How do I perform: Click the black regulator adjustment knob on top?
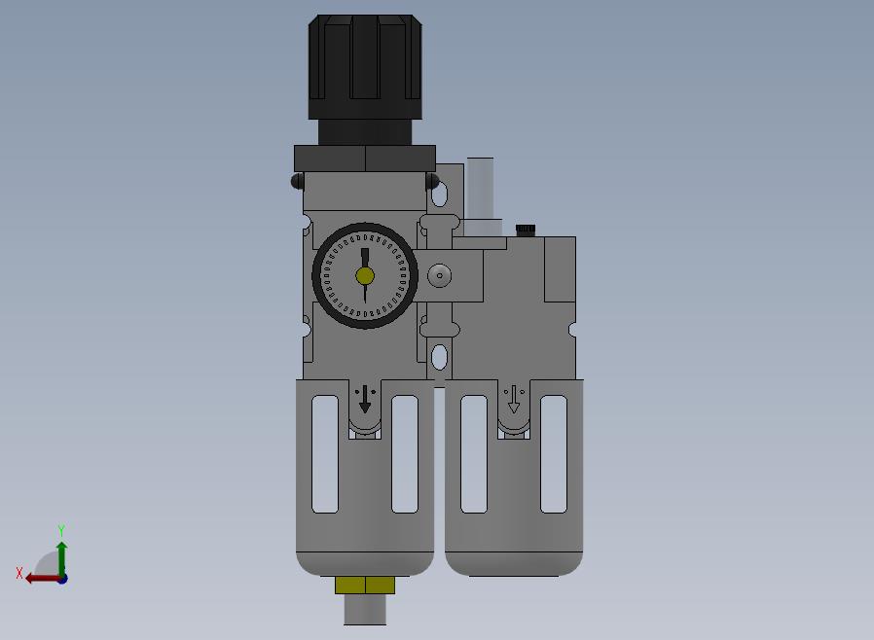point(365,67)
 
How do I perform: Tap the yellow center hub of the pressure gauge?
point(365,275)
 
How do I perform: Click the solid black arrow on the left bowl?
point(365,399)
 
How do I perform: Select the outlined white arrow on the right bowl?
point(514,400)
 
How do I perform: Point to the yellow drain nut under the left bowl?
point(365,585)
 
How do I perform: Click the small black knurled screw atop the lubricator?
point(526,230)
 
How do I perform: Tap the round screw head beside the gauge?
point(440,275)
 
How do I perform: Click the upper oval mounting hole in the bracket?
point(439,194)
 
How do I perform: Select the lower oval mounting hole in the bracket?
point(439,357)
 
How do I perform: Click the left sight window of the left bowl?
point(325,454)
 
